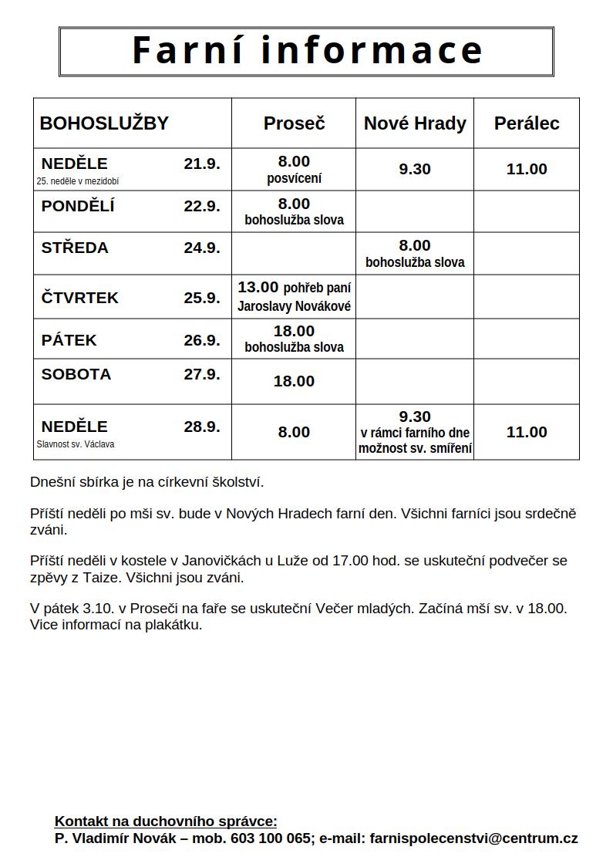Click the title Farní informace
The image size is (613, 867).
(x=307, y=51)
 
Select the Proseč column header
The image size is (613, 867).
(x=294, y=123)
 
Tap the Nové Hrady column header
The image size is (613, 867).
(x=415, y=123)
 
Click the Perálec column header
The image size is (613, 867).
(x=527, y=123)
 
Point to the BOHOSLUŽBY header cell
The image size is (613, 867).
(x=104, y=123)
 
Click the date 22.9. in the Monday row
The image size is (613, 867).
(x=202, y=206)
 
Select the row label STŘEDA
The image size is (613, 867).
(x=75, y=248)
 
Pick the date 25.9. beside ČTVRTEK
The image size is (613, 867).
(x=202, y=298)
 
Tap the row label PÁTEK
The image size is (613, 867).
(x=69, y=340)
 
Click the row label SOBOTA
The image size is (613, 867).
(x=76, y=374)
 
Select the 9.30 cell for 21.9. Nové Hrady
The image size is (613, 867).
(x=415, y=169)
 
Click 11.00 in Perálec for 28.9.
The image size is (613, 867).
(x=527, y=432)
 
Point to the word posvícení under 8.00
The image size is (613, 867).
(x=294, y=178)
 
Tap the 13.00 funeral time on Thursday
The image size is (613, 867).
(x=258, y=288)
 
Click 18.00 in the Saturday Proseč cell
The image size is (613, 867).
(x=294, y=381)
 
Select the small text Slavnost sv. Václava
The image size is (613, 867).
(x=76, y=444)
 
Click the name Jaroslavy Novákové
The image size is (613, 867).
(x=294, y=306)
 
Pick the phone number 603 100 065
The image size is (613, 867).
(x=271, y=838)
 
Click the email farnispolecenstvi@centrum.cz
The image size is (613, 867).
(x=473, y=838)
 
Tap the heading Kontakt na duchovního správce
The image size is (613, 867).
(x=166, y=821)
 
